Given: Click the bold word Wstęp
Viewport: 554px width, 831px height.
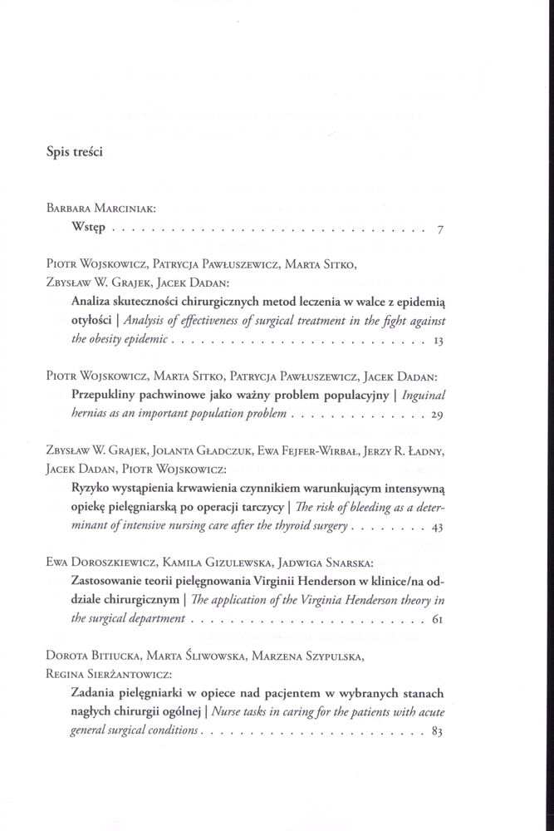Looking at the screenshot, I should click(x=89, y=229).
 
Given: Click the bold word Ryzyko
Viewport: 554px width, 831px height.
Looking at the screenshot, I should click(x=92, y=489).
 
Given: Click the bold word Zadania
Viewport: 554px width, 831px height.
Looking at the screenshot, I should click(x=93, y=693).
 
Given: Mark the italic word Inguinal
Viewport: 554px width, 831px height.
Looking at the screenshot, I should click(x=425, y=396).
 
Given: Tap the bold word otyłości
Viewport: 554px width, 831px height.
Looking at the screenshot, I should click(x=91, y=322).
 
